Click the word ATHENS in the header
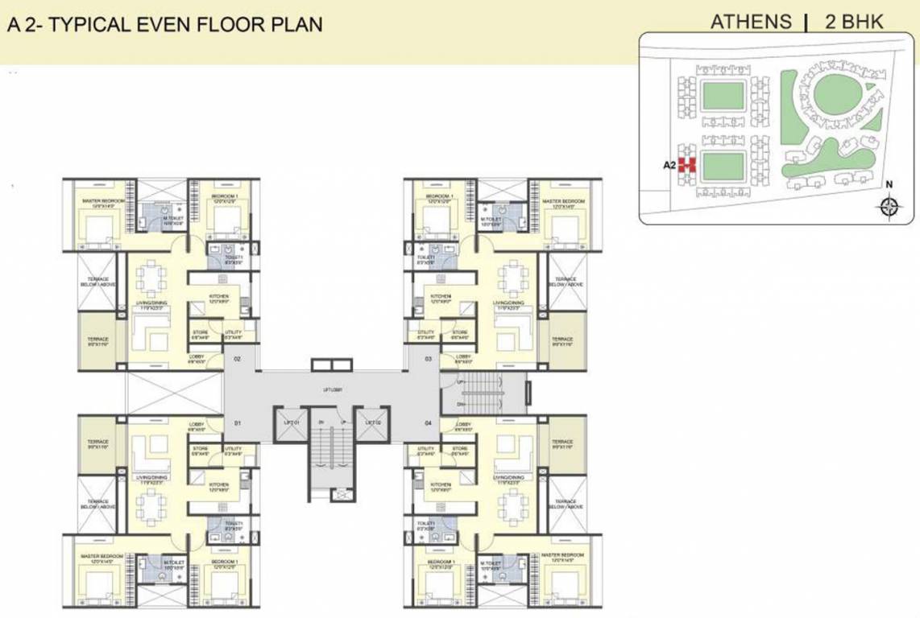point(751,22)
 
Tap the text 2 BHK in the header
point(854,22)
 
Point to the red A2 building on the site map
point(686,165)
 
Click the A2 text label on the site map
point(669,165)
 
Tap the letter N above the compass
point(889,184)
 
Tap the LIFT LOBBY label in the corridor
point(333,389)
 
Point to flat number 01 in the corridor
point(238,422)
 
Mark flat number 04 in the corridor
point(428,422)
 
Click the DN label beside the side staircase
point(460,404)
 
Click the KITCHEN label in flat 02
point(218,297)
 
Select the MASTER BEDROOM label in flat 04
point(562,555)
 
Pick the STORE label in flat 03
point(460,332)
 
